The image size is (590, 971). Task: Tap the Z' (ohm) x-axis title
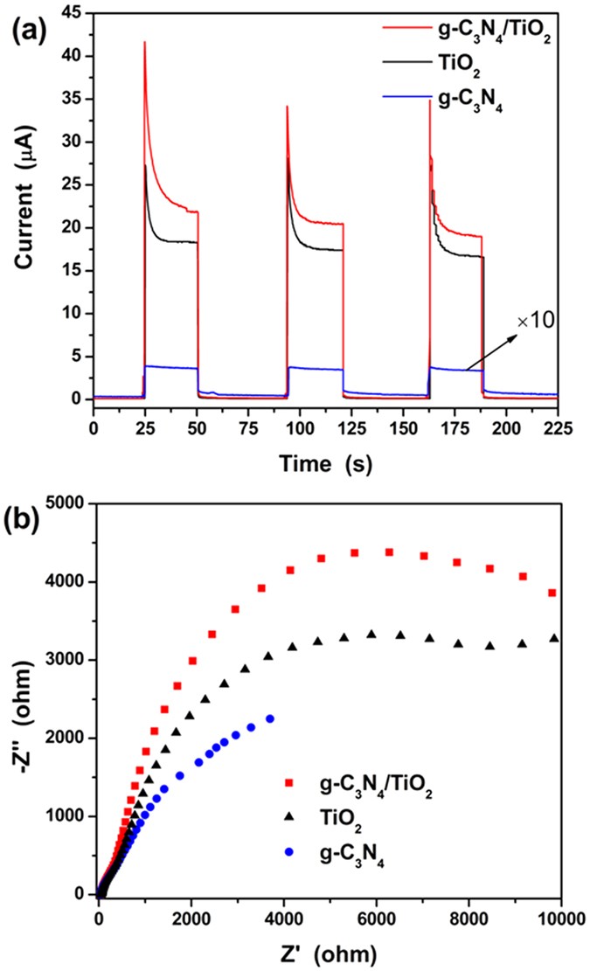tap(330, 954)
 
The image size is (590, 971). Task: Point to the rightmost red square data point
tap(552, 593)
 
